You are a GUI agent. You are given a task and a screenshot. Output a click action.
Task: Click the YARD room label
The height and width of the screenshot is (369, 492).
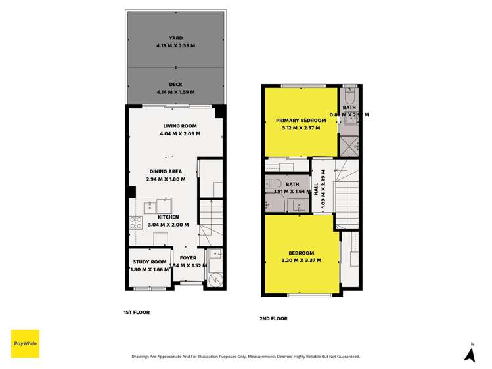(175, 38)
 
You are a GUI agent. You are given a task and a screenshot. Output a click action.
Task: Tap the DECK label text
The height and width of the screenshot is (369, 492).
(175, 84)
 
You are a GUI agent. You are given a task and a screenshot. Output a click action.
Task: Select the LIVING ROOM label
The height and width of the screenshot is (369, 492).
(180, 126)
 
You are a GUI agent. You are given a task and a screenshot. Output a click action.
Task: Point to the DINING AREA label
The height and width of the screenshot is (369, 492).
(166, 172)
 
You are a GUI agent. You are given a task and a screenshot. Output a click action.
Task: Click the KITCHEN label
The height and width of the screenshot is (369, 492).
(168, 217)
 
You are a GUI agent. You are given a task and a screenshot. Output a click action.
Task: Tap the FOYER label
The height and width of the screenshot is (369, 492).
(189, 258)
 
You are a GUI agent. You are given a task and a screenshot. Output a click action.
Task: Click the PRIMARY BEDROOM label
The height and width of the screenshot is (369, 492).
(301, 121)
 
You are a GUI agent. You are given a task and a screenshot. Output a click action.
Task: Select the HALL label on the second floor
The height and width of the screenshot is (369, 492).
(316, 188)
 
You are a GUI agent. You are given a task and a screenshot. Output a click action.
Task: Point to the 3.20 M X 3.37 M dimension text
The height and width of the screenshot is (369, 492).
(302, 261)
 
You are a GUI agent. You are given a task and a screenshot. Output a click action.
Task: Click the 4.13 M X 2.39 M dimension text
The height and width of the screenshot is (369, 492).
(175, 46)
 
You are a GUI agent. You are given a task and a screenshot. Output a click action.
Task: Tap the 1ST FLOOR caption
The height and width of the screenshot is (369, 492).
(137, 312)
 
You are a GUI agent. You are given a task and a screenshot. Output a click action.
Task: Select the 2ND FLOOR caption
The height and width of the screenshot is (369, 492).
(273, 318)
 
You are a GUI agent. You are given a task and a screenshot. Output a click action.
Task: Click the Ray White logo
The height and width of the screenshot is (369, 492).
(25, 343)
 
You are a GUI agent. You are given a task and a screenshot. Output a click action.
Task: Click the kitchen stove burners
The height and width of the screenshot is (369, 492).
(136, 223)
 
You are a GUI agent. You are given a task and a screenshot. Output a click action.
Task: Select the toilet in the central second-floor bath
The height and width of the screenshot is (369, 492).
(275, 185)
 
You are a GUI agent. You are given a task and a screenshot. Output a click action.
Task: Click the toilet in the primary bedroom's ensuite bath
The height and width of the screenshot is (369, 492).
(349, 93)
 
